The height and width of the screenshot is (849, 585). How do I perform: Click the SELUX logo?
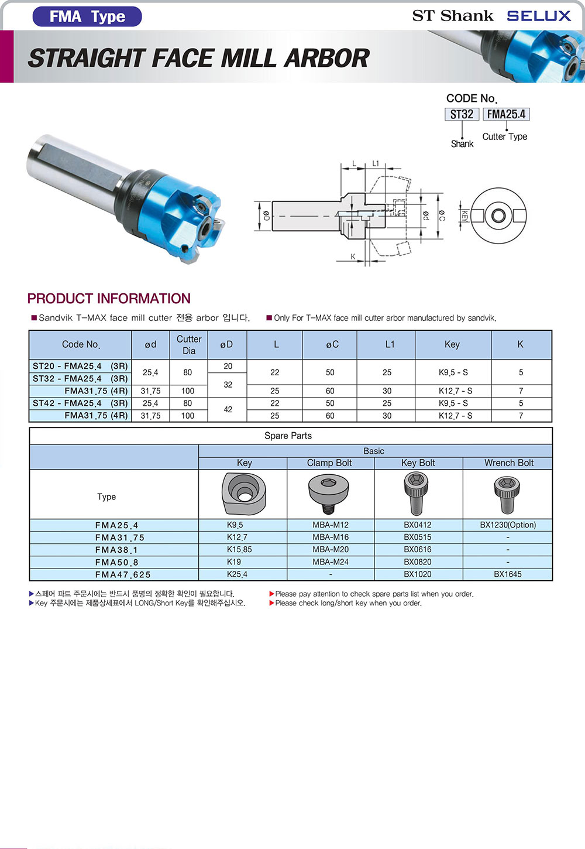[x=538, y=16]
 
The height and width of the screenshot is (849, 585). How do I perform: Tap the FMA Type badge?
[x=87, y=16]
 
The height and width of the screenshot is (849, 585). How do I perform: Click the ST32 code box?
[x=462, y=114]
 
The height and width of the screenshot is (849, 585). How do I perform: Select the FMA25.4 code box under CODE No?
[x=506, y=114]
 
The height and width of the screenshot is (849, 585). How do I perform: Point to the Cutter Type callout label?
[x=505, y=136]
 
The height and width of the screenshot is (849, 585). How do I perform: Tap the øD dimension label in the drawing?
[x=267, y=216]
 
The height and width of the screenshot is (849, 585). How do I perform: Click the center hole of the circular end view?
[x=498, y=216]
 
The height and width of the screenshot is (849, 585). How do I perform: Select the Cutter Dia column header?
[x=189, y=344]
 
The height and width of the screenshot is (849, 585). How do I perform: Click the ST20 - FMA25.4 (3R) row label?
[x=80, y=366]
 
